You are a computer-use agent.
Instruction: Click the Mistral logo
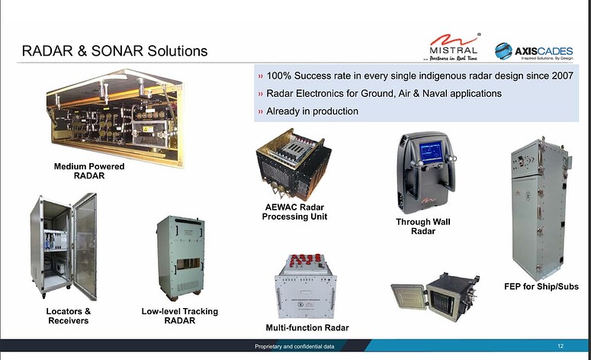452,48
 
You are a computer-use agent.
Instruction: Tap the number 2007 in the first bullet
560,76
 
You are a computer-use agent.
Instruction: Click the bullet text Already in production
312,111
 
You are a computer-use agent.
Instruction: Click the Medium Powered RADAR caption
89,171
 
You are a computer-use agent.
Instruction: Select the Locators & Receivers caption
68,316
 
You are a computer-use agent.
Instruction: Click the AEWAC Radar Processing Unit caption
294,212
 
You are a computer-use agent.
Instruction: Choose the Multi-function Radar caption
307,327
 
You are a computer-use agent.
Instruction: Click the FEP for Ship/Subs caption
541,286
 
